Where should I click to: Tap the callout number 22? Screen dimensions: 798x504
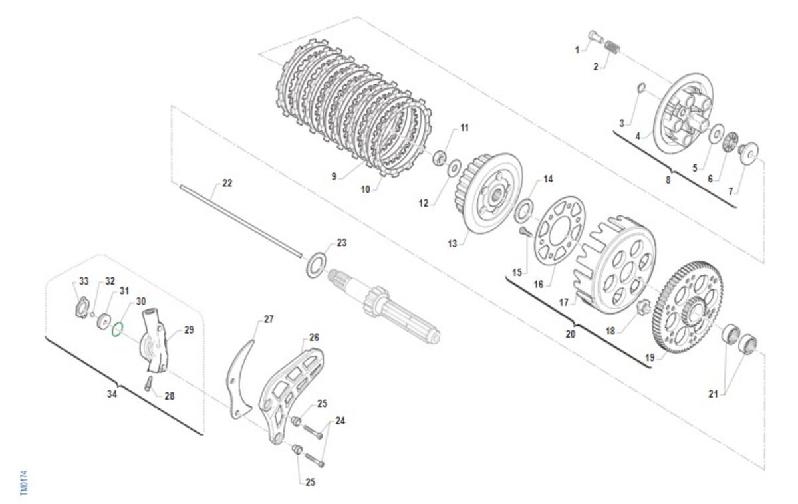click(227, 183)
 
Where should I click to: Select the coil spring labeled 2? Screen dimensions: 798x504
click(612, 47)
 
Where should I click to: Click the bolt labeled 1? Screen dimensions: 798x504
click(596, 37)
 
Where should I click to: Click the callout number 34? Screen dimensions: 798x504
click(112, 394)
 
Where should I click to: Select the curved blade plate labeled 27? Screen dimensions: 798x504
click(239, 381)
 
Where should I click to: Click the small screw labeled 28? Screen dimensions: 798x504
click(148, 384)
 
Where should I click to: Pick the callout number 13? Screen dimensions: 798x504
click(452, 244)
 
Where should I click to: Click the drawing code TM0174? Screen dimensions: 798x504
click(24, 483)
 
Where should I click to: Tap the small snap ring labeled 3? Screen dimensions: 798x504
click(640, 88)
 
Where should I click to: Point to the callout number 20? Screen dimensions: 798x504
click(571, 334)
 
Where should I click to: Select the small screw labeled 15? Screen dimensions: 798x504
click(525, 232)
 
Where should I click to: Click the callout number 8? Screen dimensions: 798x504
click(668, 180)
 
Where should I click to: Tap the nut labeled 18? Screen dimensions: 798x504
click(644, 307)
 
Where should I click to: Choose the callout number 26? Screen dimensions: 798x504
click(314, 337)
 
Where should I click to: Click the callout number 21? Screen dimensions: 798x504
click(713, 394)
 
